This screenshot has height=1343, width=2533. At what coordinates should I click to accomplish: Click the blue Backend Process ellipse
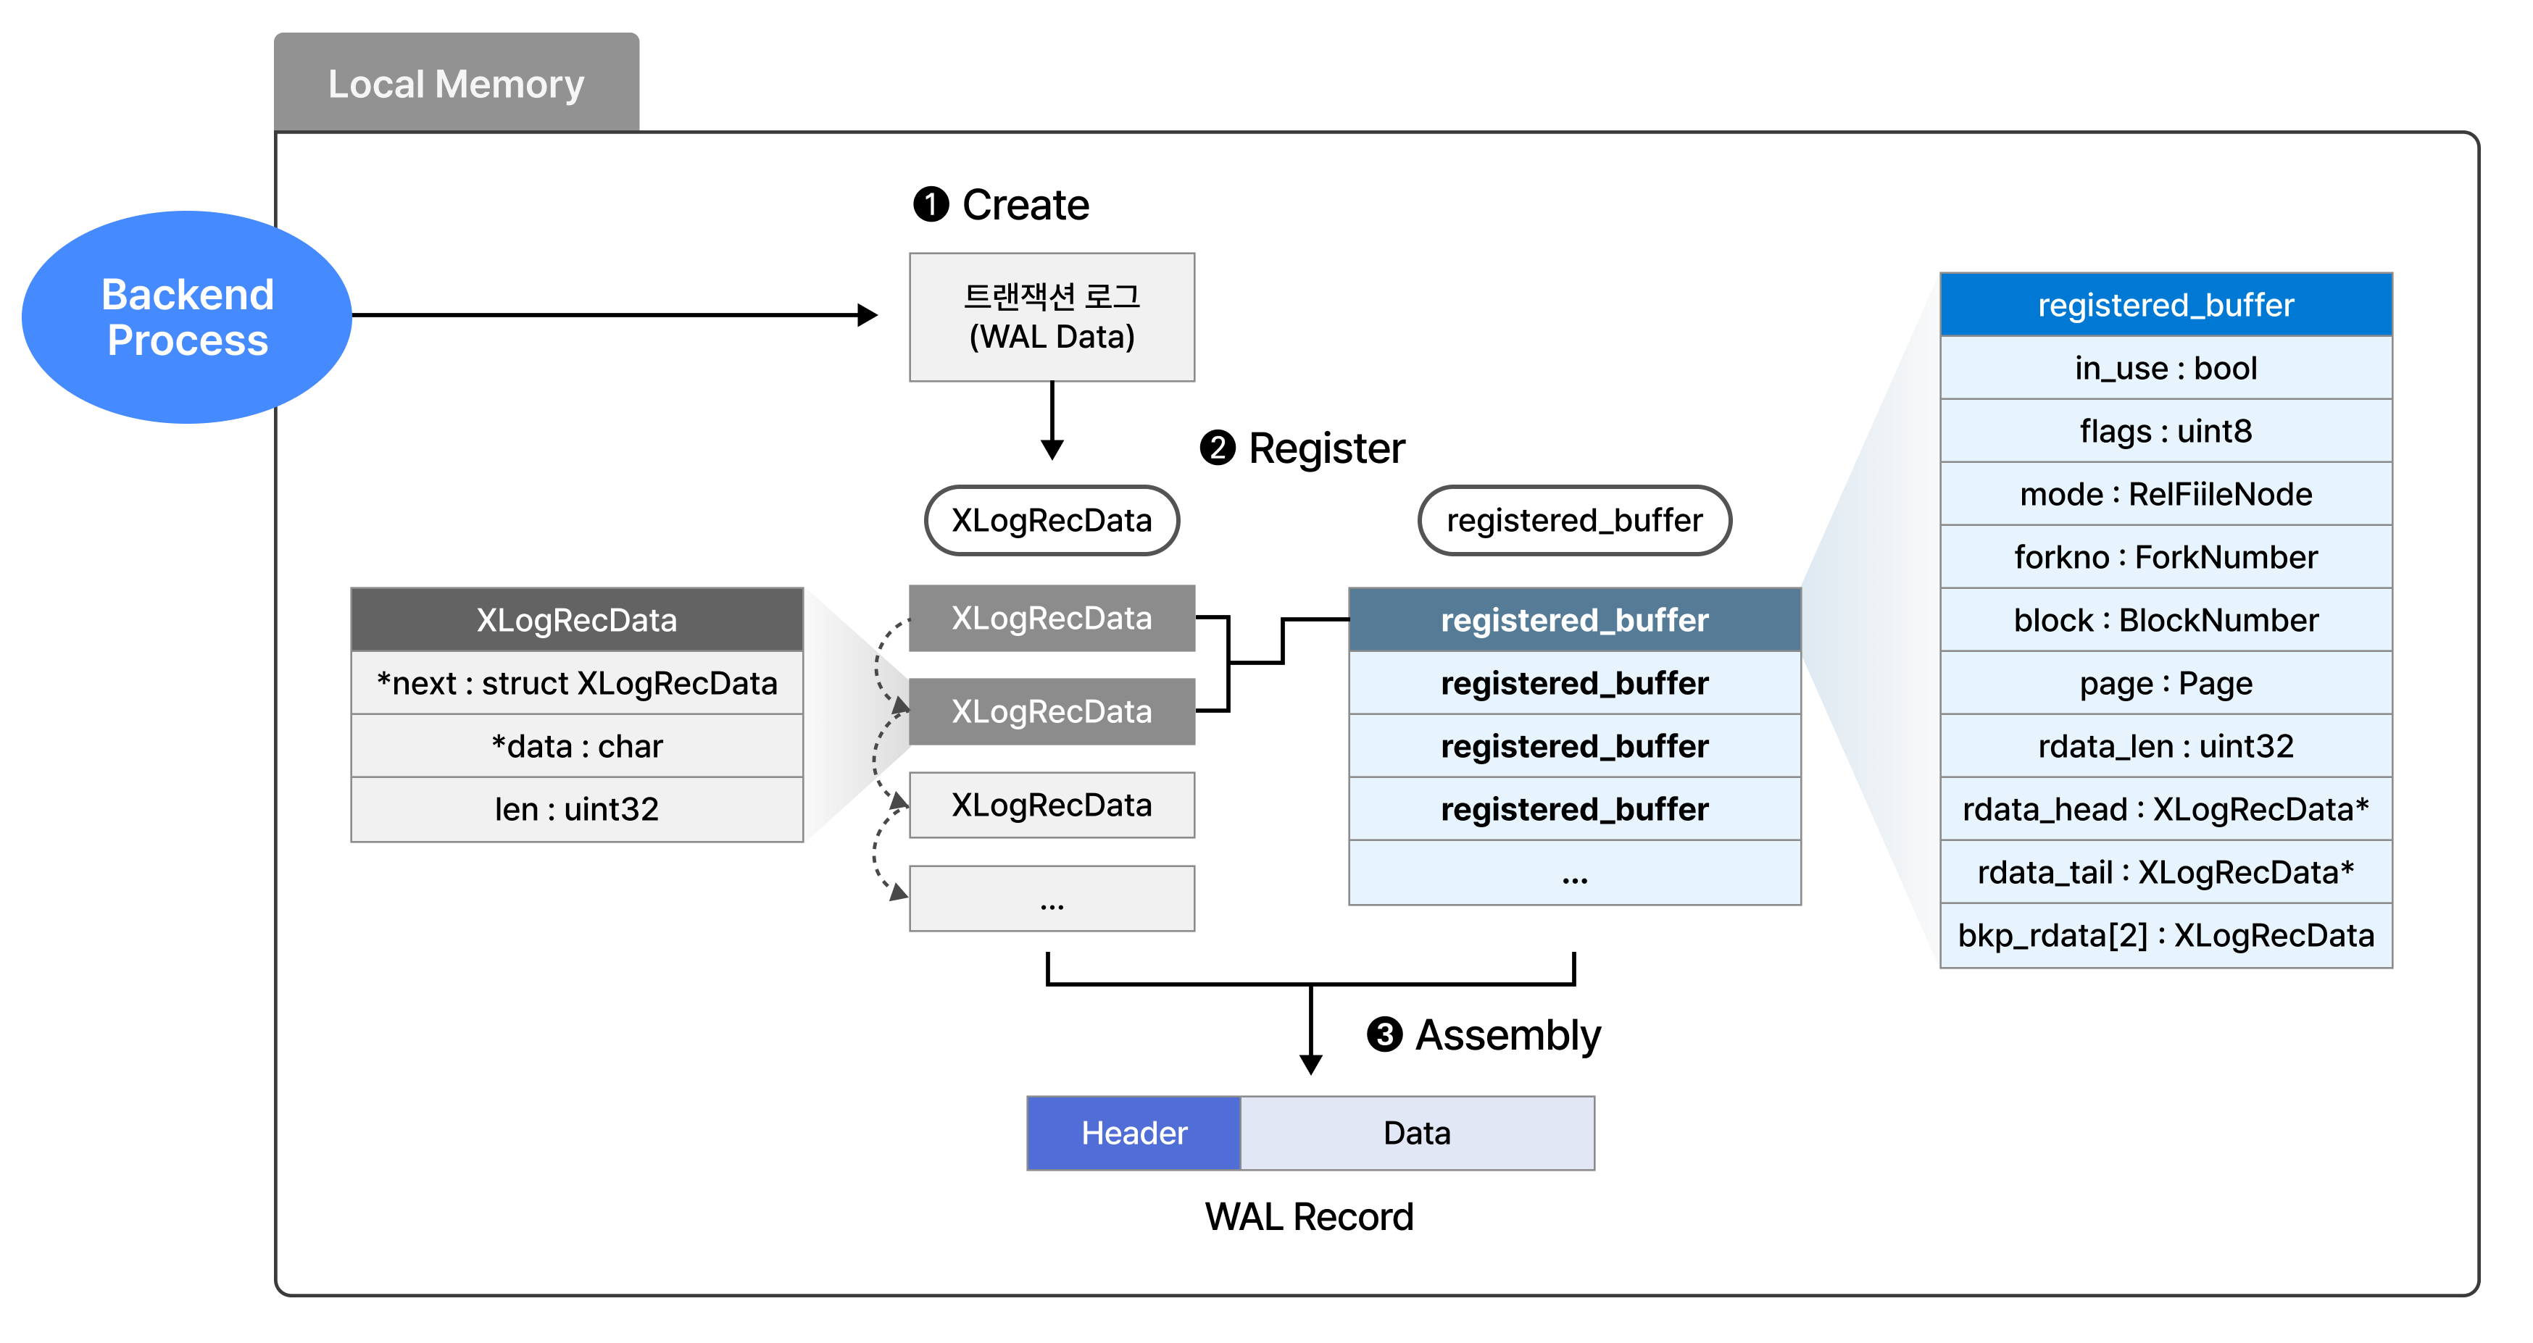tap(187, 317)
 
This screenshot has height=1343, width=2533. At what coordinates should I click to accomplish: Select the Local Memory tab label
tap(457, 85)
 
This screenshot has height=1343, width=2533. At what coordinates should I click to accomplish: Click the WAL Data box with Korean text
tap(1051, 317)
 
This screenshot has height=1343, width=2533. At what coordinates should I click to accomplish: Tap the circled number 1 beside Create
tap(930, 204)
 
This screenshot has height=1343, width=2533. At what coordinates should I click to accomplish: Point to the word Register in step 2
tap(1326, 448)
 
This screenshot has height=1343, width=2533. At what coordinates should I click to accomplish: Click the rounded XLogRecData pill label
tap(1051, 520)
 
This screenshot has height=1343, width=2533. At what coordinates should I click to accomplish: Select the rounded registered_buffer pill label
tap(1573, 520)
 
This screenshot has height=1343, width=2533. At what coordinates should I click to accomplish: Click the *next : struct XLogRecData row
tap(577, 683)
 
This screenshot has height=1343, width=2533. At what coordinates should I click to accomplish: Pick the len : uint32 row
tap(577, 809)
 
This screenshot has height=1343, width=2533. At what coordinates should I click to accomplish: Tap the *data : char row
tap(577, 746)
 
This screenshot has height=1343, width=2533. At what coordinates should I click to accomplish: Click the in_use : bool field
tap(2166, 368)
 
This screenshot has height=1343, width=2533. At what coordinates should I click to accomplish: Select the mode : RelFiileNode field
tap(2166, 493)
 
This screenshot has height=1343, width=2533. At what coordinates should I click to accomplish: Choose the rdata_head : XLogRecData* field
tap(2166, 809)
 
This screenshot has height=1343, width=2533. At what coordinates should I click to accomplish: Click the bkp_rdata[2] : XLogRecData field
tap(2166, 935)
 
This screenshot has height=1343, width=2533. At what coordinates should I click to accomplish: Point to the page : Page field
tap(2166, 683)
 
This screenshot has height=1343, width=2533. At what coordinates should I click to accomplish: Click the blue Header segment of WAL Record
tap(1134, 1133)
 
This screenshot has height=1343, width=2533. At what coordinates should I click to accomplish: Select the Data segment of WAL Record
tap(1417, 1133)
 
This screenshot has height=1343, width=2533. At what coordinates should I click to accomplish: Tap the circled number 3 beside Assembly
tap(1384, 1034)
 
